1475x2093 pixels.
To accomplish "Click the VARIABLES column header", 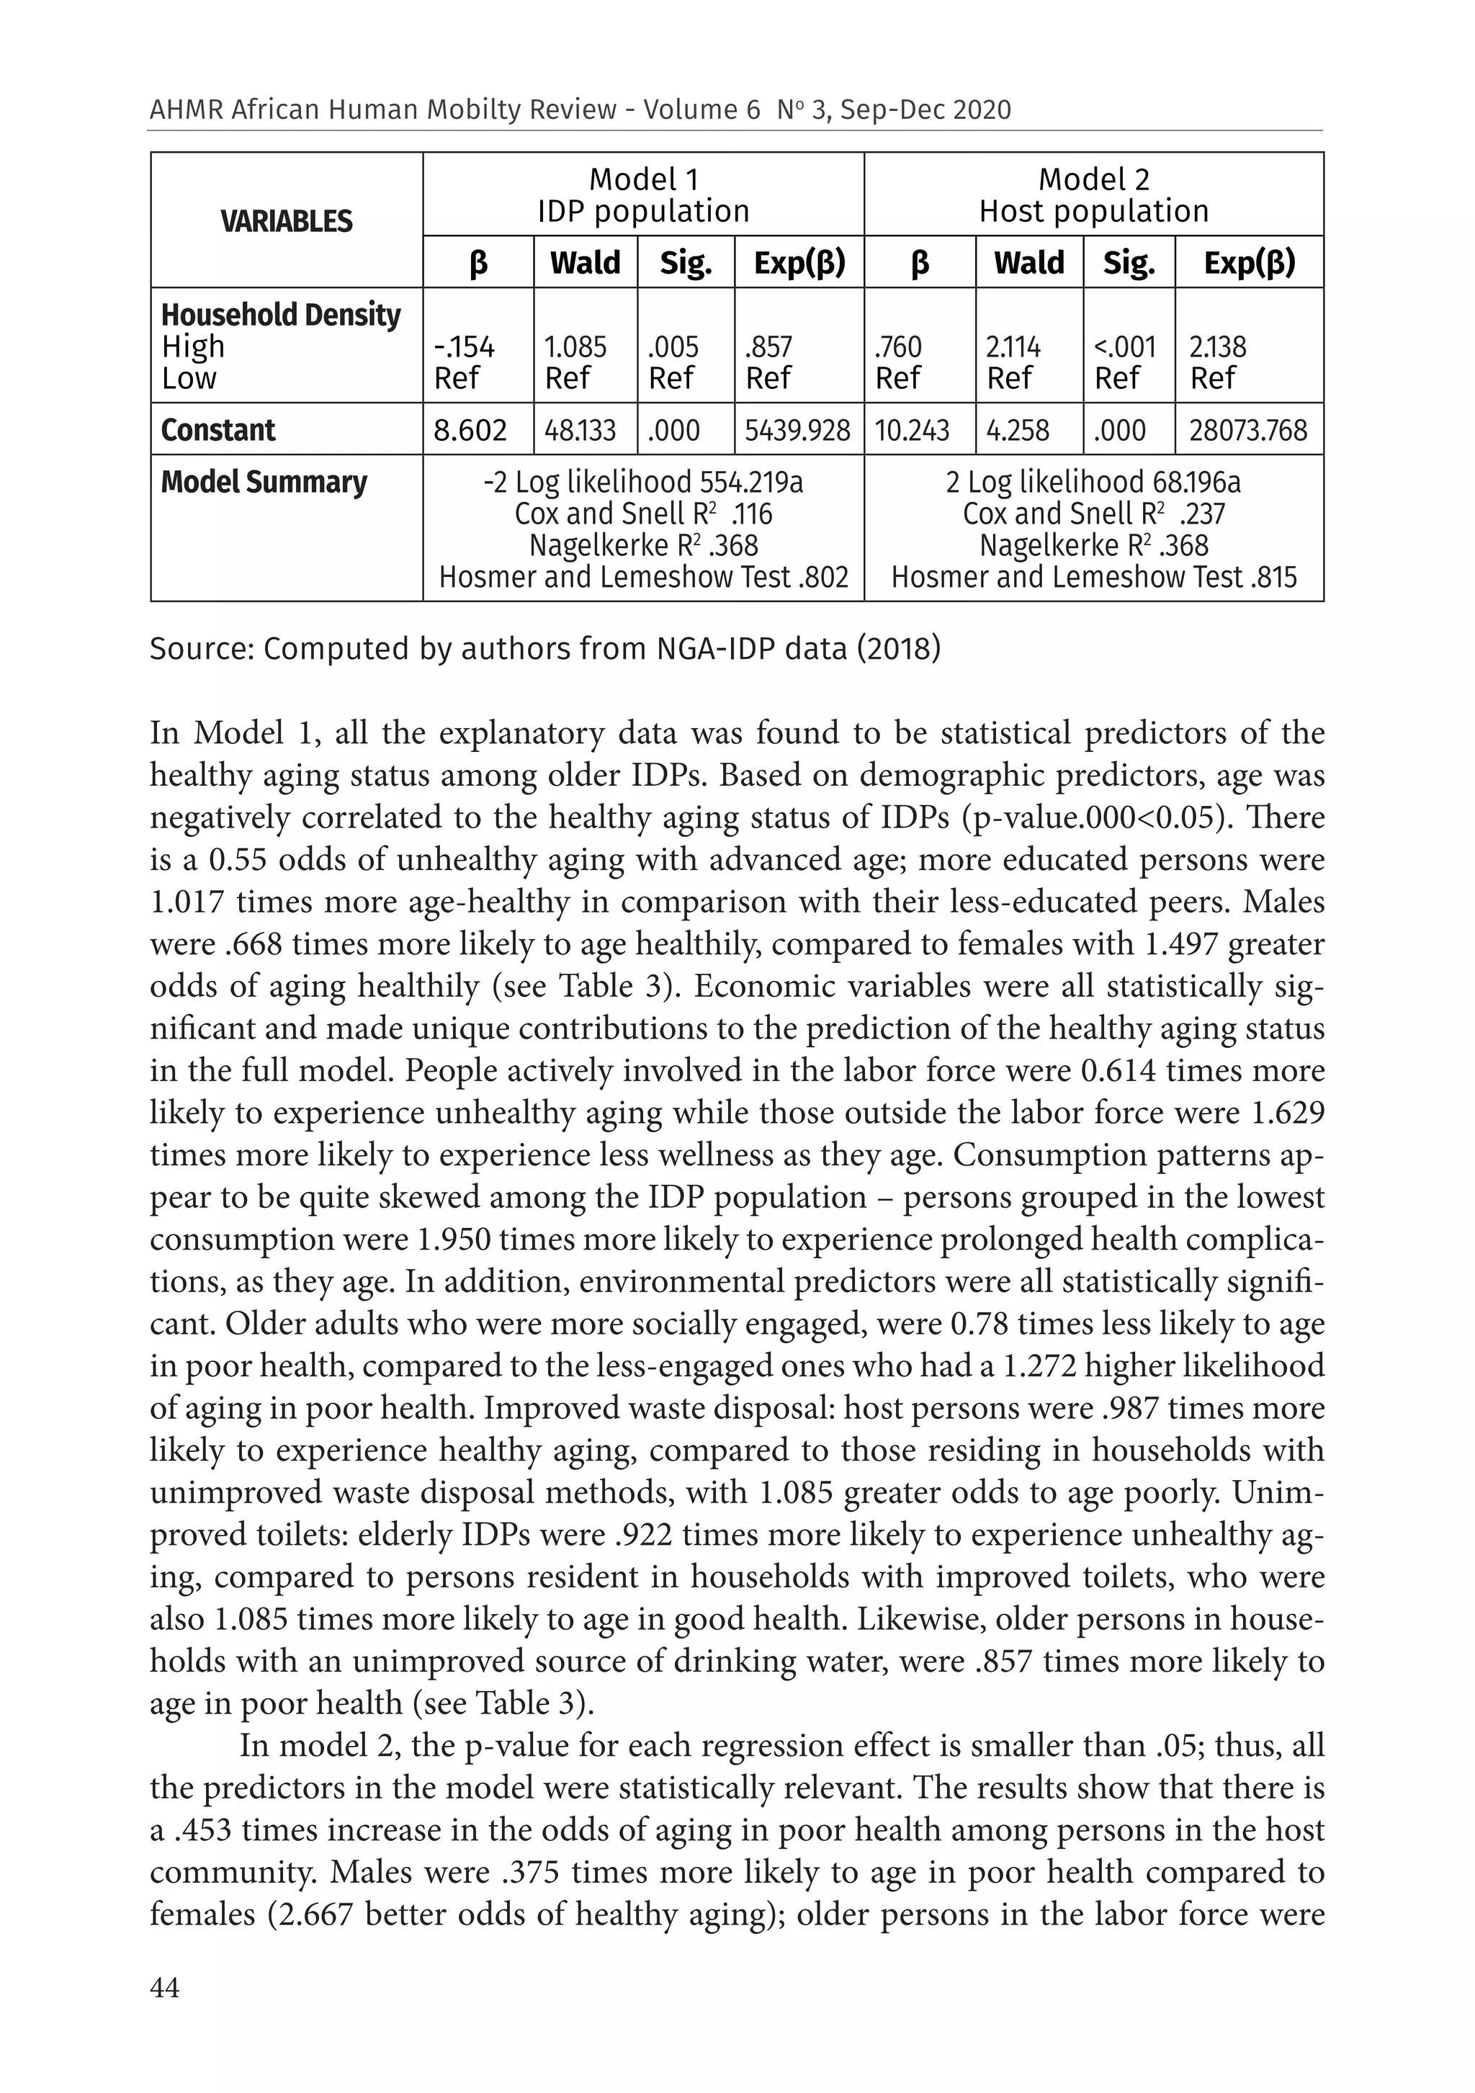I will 286,222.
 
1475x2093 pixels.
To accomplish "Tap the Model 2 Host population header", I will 1093,195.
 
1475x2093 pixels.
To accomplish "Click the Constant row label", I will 218,429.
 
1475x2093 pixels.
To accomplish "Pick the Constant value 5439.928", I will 798,430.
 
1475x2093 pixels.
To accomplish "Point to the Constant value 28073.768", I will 1247,430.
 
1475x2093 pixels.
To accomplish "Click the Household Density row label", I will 281,315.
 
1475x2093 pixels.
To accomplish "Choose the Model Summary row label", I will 264,483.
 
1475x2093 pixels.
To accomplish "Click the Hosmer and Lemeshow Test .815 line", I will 1093,577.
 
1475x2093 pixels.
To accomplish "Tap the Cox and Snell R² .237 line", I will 1093,514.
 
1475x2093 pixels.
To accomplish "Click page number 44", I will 165,1987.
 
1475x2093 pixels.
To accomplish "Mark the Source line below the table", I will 544,649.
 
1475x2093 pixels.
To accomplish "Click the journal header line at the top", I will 580,110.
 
